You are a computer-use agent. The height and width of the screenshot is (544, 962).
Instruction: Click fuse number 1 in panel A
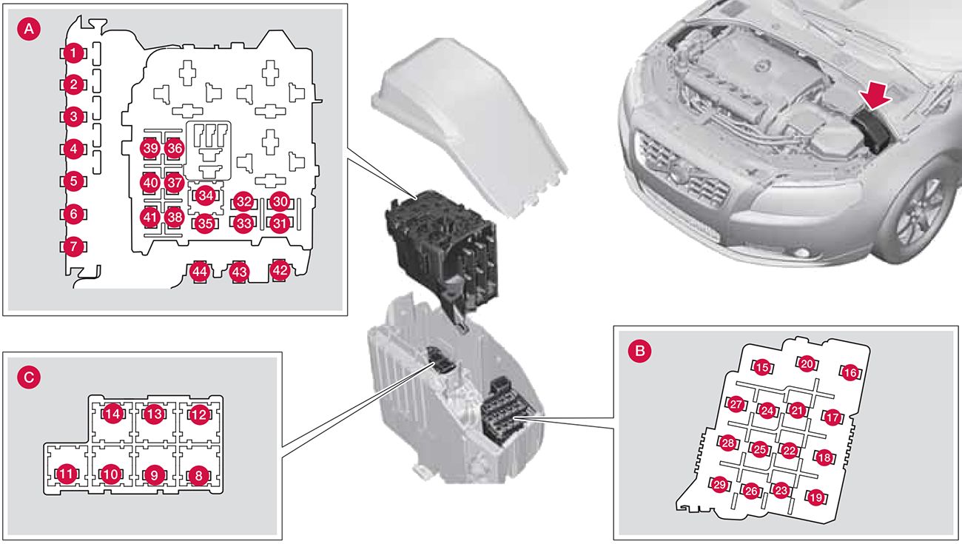tap(72, 53)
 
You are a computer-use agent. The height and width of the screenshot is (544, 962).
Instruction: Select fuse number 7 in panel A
tap(72, 246)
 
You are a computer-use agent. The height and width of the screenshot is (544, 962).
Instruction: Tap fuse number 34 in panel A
tap(205, 195)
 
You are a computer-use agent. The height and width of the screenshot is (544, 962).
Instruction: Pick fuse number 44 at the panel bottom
tap(198, 272)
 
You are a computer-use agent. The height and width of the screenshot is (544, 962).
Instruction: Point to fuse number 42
tap(280, 270)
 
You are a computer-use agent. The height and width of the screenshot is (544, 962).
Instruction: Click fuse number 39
tap(151, 149)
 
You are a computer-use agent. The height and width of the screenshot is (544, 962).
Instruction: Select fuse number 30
tap(279, 201)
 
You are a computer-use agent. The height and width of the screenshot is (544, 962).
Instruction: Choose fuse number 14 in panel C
tap(112, 414)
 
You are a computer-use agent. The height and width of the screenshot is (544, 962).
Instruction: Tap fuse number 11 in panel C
tap(67, 474)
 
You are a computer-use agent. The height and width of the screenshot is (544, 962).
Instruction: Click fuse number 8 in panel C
tap(198, 475)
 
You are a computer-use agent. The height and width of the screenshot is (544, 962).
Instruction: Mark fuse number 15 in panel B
tap(761, 366)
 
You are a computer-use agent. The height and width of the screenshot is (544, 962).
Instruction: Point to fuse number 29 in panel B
tap(719, 485)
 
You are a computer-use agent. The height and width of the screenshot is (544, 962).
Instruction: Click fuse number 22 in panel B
tap(790, 450)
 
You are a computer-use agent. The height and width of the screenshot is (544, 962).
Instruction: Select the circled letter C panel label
tap(28, 377)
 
